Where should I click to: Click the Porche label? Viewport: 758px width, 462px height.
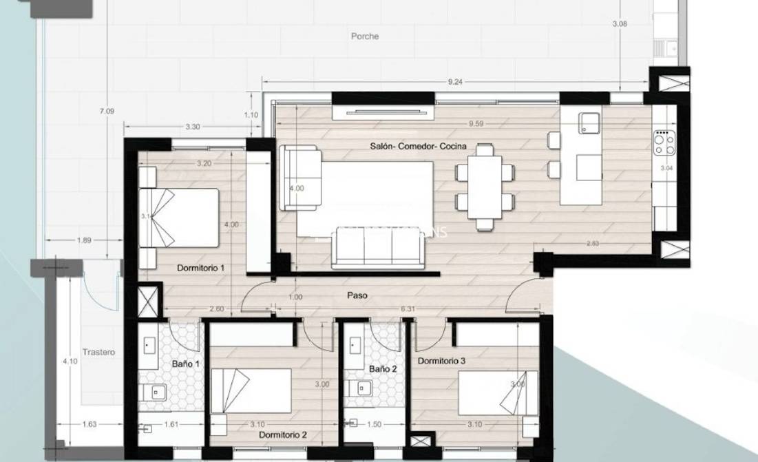point(364,36)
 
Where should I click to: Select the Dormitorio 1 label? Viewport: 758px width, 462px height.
point(200,267)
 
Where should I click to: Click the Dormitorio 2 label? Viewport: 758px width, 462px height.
point(283,435)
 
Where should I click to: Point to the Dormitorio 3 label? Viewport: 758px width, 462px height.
point(442,361)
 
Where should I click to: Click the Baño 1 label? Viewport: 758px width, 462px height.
point(185,364)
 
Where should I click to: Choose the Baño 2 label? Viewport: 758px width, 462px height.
point(383,369)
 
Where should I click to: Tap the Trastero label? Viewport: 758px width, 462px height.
point(98,352)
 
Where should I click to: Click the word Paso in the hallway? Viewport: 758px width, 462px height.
point(357,295)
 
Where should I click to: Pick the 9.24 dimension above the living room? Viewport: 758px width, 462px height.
point(455,82)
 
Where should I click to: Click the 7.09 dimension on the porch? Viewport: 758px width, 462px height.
point(107,110)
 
